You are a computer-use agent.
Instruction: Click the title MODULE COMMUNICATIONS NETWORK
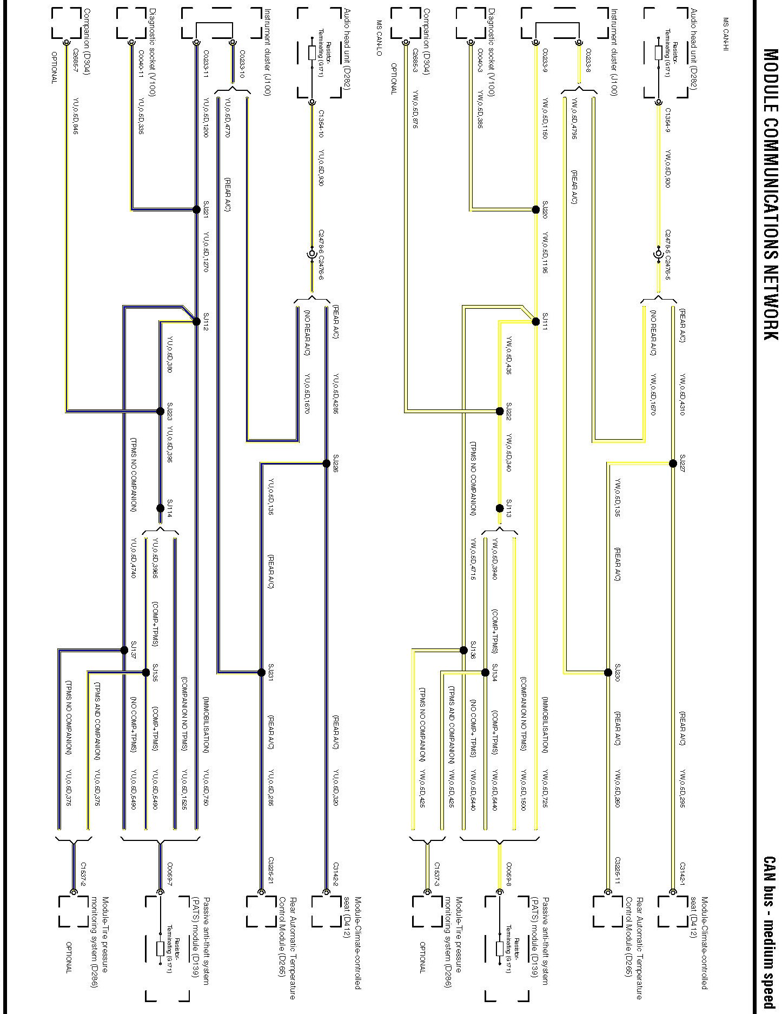(771, 195)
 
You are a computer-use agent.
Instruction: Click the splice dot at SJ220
(535, 210)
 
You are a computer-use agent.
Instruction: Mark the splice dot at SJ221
(196, 209)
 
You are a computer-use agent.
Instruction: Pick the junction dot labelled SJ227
(673, 463)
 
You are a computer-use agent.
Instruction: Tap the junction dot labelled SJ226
(326, 463)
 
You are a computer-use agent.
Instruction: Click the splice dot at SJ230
(608, 673)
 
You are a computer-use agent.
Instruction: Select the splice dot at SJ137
(124, 650)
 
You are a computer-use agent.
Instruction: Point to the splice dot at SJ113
(500, 508)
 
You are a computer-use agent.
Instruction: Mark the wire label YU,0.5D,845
(76, 115)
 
